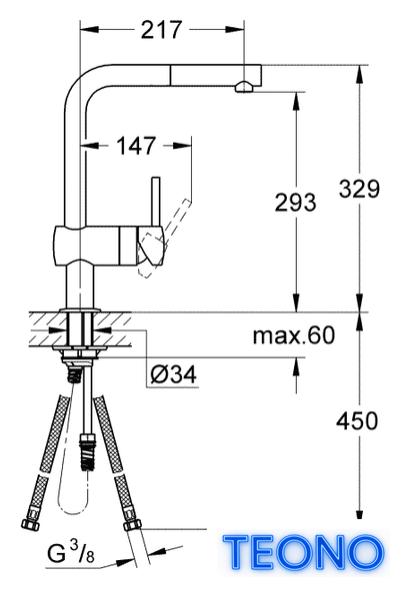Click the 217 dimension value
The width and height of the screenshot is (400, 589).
[161, 29]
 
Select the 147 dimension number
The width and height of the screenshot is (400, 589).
[136, 146]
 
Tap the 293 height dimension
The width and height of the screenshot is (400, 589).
[295, 202]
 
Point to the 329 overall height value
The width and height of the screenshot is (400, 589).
[359, 189]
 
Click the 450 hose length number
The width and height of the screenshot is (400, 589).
[357, 420]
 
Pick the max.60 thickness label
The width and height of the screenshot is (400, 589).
[294, 335]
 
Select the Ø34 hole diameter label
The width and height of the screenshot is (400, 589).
[173, 374]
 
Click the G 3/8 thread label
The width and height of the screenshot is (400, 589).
[71, 553]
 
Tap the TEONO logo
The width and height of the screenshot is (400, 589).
[304, 552]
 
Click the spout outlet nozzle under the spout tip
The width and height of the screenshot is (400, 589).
[244, 87]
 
